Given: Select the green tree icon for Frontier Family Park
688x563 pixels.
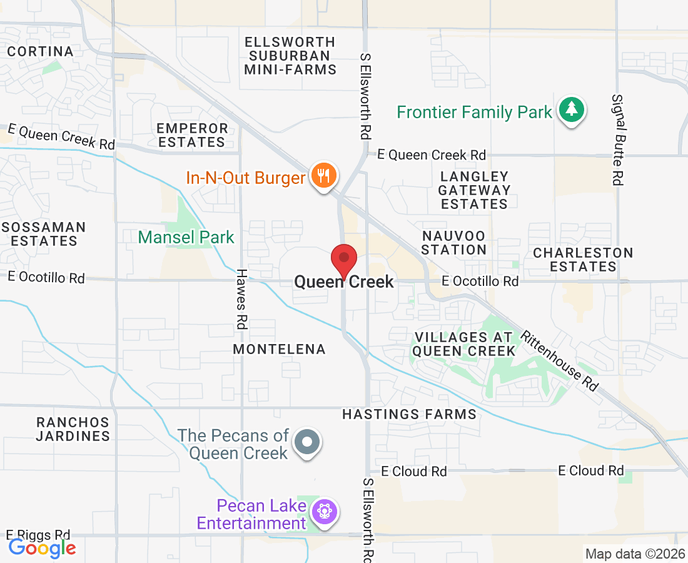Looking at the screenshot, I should (x=570, y=110).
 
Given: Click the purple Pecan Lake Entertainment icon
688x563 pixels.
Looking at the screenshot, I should (x=324, y=512).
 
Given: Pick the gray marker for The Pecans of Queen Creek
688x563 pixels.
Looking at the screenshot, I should (x=307, y=442).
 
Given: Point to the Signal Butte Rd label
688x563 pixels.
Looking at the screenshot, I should (x=617, y=139).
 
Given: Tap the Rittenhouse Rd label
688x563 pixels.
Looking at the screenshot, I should (x=560, y=361).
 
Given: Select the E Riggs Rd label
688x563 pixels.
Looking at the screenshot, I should (x=38, y=535).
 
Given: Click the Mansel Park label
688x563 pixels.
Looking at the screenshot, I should (x=186, y=237).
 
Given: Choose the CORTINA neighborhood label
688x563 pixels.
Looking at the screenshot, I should (x=41, y=51).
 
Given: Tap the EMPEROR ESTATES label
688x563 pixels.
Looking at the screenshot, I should (x=192, y=135).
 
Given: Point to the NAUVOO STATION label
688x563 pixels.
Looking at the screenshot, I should (x=454, y=243).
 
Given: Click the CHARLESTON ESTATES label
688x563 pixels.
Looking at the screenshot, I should (x=583, y=260).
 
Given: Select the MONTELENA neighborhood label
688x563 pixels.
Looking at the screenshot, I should (x=280, y=349).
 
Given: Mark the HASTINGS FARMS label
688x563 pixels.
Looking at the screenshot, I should (x=409, y=414).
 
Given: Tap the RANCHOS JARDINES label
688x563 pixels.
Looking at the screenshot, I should (x=73, y=429).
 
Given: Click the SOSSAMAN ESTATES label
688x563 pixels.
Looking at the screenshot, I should (x=43, y=233).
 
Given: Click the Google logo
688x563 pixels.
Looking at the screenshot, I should (x=43, y=549).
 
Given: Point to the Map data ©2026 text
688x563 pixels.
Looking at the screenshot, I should (x=634, y=554).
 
